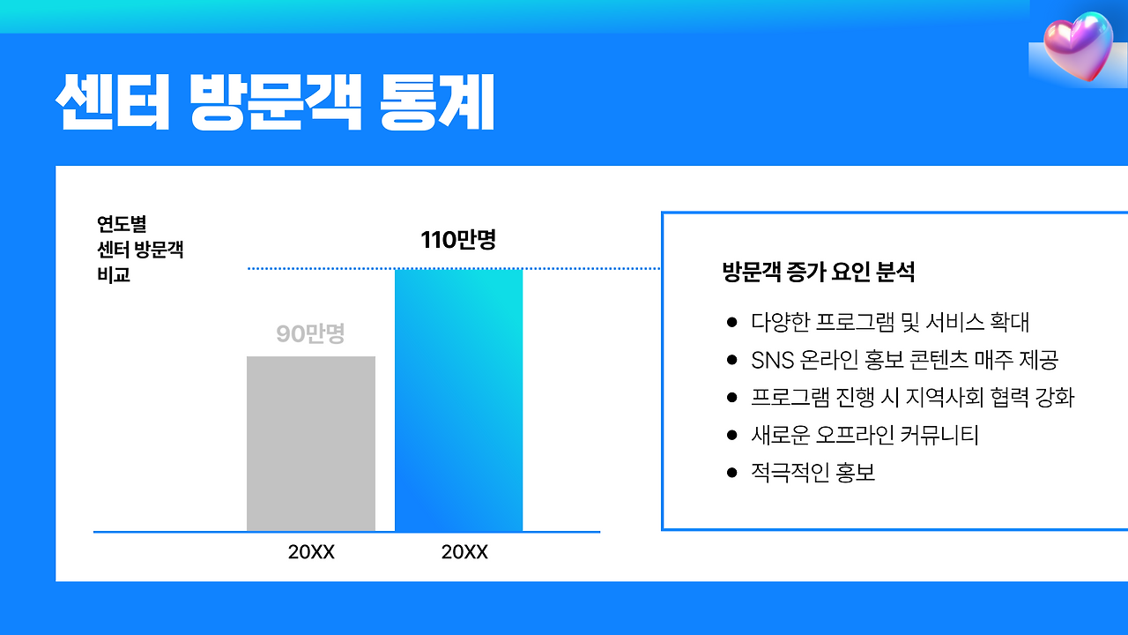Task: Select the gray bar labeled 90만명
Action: click(310, 444)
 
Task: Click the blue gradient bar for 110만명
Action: click(458, 400)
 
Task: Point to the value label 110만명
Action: click(458, 239)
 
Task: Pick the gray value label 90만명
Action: click(310, 334)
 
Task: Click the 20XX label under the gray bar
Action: click(311, 553)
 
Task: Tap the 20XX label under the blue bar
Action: click(464, 553)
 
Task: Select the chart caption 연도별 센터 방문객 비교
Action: click(140, 250)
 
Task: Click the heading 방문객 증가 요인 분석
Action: click(818, 272)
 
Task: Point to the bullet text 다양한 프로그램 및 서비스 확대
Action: click(890, 322)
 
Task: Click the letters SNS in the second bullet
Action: click(771, 360)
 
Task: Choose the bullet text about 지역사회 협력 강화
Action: click(912, 398)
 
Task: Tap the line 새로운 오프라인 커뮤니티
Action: click(865, 436)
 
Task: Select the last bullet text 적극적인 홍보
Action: click(813, 474)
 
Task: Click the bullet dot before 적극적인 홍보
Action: click(731, 474)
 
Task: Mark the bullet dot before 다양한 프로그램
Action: click(731, 322)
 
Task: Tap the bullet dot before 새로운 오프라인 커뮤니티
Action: click(731, 436)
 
